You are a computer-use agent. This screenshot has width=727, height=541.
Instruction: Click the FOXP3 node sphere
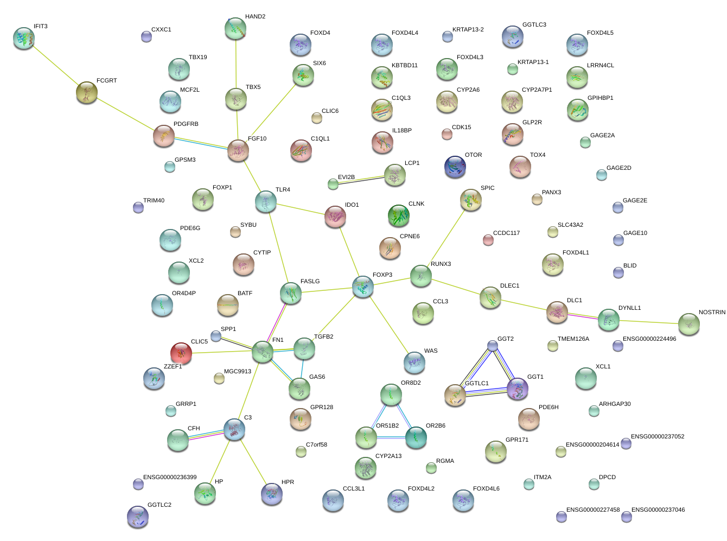363,287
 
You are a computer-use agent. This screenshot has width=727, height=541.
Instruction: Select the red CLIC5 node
181,353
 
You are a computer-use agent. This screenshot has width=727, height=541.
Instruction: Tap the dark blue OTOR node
455,166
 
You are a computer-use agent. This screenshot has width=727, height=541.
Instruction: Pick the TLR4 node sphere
266,201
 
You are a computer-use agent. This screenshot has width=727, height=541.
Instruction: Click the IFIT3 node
24,38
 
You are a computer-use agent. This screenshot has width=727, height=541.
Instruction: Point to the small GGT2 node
492,346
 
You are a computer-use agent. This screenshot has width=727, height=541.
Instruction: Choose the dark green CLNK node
399,215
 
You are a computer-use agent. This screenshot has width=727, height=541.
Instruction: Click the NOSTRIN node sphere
688,324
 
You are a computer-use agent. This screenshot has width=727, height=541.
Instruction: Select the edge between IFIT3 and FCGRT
55,66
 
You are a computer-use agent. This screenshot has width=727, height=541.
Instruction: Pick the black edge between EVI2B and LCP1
363,180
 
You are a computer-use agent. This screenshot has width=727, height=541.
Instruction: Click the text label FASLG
310,282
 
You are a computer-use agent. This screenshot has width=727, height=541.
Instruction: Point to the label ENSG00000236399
170,478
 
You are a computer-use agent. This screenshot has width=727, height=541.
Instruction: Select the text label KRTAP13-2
468,30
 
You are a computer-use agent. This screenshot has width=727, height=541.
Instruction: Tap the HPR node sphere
271,494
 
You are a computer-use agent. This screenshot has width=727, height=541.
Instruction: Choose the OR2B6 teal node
416,437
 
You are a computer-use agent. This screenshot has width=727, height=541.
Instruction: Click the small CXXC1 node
146,36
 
